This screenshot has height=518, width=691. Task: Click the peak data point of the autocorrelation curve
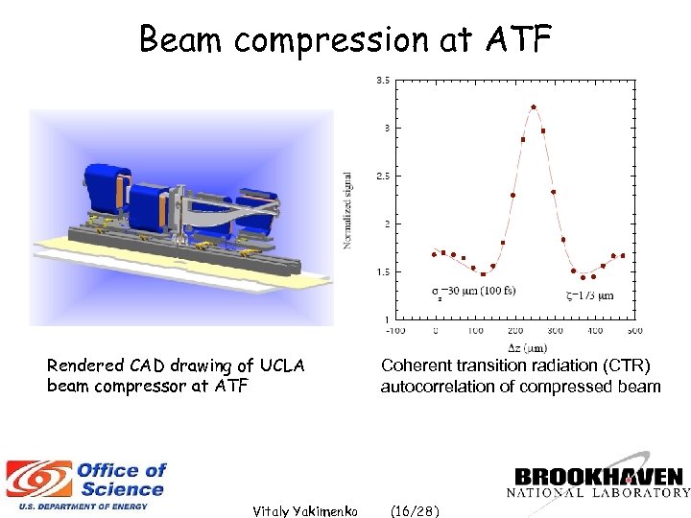click(534, 107)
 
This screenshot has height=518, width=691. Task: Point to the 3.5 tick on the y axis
click(381, 81)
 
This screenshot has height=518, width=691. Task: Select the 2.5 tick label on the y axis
click(381, 176)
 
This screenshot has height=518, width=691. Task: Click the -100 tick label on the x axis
click(394, 330)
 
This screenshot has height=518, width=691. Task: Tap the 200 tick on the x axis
click(515, 330)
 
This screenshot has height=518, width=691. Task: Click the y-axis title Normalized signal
click(347, 211)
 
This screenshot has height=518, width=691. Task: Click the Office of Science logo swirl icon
click(38, 480)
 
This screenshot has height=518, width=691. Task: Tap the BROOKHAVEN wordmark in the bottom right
click(600, 477)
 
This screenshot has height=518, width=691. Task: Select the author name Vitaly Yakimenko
click(304, 511)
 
